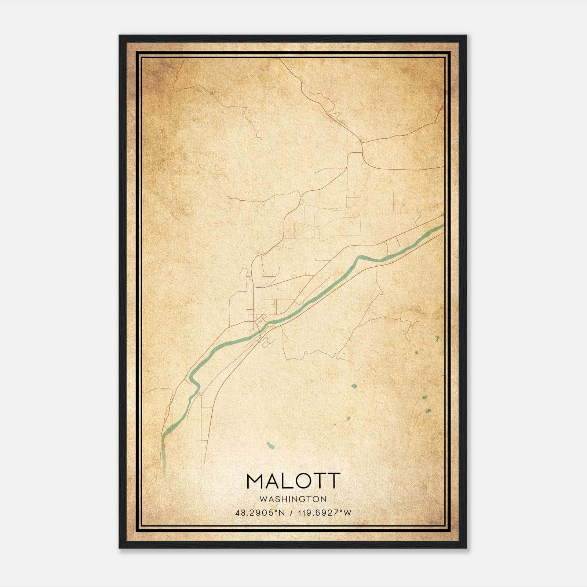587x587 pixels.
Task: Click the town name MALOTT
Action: (293, 481)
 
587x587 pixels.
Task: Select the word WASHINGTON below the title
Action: (293, 499)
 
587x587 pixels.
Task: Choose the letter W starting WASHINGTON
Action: (263, 499)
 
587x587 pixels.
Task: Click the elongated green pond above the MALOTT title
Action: (270, 445)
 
